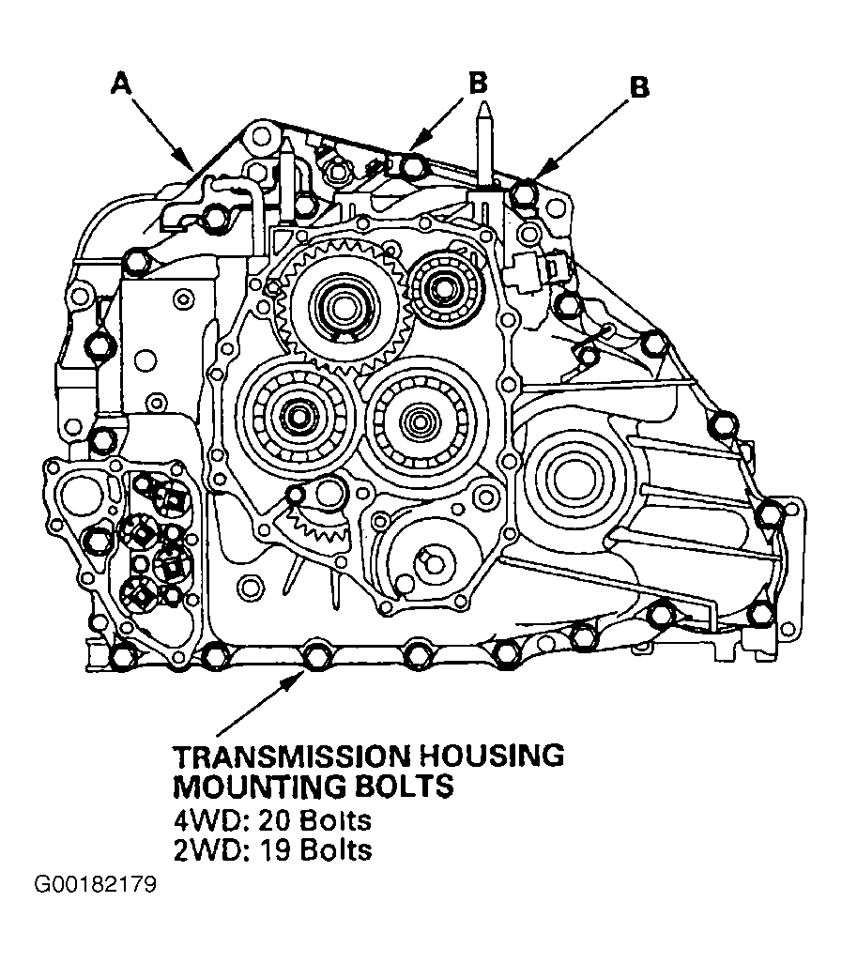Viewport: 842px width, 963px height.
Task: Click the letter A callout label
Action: click(x=122, y=84)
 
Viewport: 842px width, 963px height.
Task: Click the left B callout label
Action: click(x=478, y=83)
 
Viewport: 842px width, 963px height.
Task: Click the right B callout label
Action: click(x=639, y=87)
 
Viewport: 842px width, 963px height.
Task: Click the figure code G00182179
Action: click(x=95, y=885)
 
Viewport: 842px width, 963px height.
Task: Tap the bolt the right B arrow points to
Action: click(x=524, y=192)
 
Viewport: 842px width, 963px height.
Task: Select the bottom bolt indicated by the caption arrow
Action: click(x=316, y=655)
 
